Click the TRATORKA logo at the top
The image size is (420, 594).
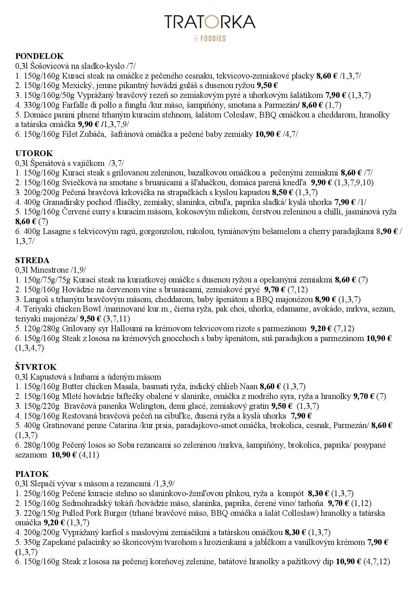[x=210, y=22]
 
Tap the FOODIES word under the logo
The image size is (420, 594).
[x=213, y=39]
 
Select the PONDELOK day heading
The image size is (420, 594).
[x=40, y=56]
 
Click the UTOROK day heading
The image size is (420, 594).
[x=34, y=153]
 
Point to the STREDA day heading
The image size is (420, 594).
[x=33, y=260]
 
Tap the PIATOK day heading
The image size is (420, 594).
[x=32, y=474]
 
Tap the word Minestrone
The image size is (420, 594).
[x=49, y=270]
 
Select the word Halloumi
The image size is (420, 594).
[x=125, y=328]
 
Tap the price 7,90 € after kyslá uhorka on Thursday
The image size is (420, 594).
[x=301, y=416]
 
